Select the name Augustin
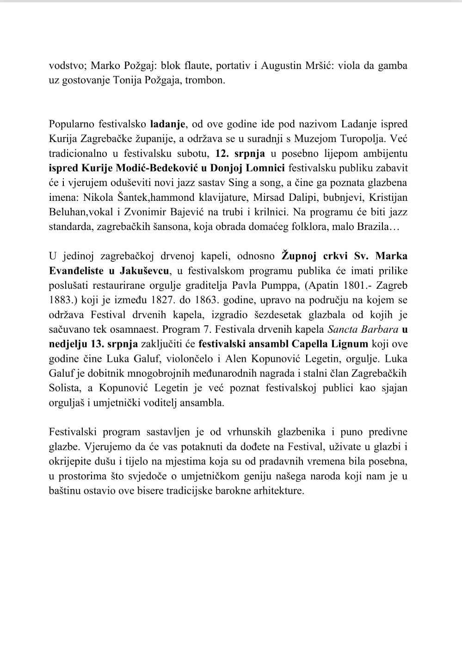pos(282,65)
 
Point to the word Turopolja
pos(364,138)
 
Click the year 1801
pos(344,285)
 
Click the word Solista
pos(64,388)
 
